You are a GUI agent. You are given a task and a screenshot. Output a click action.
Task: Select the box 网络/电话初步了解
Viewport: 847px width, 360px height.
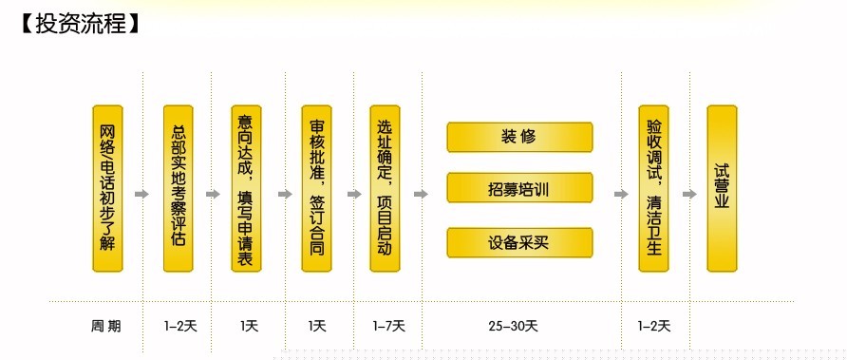pyautogui.click(x=107, y=188)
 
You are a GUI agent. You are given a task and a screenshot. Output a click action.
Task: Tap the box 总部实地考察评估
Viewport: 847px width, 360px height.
pyautogui.click(x=178, y=188)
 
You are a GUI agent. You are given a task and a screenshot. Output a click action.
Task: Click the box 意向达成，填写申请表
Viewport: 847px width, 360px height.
pyautogui.click(x=247, y=188)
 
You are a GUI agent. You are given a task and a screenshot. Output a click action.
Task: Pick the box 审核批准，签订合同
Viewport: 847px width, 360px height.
pyautogui.click(x=317, y=188)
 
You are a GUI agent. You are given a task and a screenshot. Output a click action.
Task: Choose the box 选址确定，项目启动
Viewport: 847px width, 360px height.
pyautogui.click(x=386, y=188)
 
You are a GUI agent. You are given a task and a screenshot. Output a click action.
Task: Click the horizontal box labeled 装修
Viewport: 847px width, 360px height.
pyautogui.click(x=519, y=137)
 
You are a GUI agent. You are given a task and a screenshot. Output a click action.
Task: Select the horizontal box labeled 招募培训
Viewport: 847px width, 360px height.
pyautogui.click(x=519, y=188)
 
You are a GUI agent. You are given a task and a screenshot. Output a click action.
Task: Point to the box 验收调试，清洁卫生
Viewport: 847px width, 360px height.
pyautogui.click(x=654, y=188)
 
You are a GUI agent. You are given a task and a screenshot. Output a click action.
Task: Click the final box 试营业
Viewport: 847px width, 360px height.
pyautogui.click(x=722, y=188)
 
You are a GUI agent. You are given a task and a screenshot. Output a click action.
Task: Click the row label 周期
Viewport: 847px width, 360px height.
pyautogui.click(x=106, y=326)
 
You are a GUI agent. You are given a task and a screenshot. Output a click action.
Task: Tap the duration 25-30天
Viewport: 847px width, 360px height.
pyautogui.click(x=514, y=326)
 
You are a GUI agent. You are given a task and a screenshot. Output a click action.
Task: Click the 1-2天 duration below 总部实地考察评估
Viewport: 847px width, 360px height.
pyautogui.click(x=179, y=326)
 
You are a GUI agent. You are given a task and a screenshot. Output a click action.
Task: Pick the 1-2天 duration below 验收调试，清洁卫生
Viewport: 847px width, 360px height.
pyautogui.click(x=653, y=326)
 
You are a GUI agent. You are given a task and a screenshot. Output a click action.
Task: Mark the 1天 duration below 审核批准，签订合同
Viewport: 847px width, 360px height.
pyautogui.click(x=317, y=326)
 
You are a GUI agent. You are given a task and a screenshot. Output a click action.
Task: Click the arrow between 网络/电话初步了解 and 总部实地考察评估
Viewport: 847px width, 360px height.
pyautogui.click(x=142, y=195)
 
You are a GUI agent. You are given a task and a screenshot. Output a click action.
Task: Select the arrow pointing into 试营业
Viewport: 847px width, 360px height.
pyautogui.click(x=688, y=195)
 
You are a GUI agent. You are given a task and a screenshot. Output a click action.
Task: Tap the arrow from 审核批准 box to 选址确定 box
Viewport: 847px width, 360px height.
pyautogui.click(x=353, y=195)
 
